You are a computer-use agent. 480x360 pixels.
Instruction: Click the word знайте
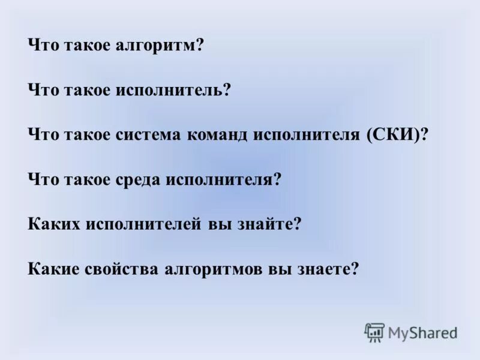[266, 224]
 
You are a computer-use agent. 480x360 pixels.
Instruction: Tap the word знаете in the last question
[323, 268]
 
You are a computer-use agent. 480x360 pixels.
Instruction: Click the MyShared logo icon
[374, 332]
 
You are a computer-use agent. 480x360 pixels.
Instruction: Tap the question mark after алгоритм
[200, 46]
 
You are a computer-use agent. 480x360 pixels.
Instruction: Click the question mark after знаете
[355, 268]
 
